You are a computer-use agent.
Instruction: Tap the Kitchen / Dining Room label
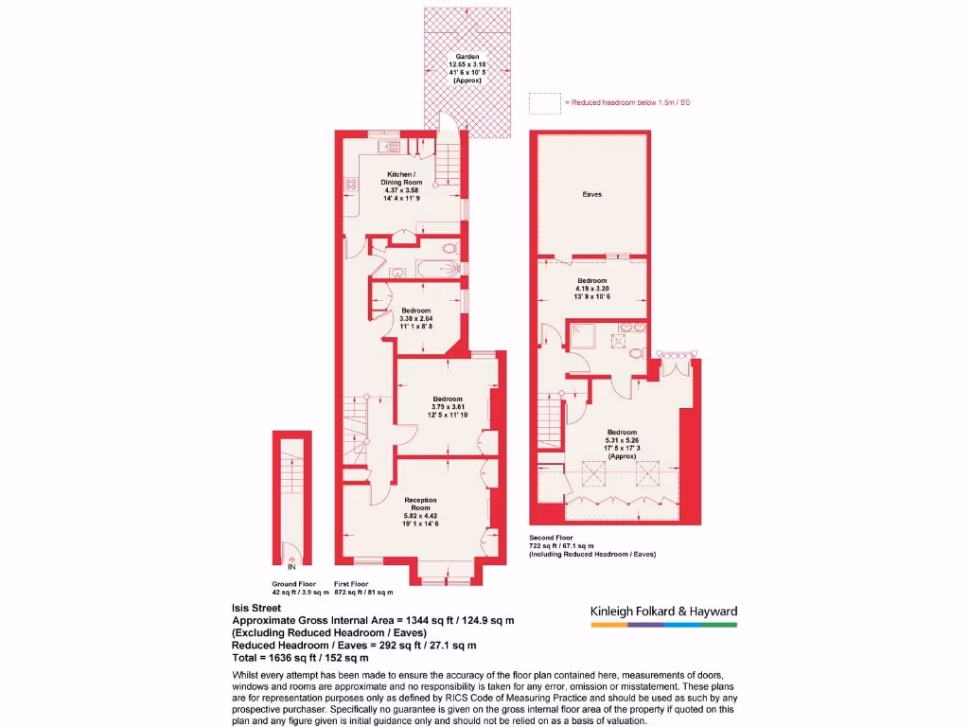point(398,177)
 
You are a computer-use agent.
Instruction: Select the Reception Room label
point(421,503)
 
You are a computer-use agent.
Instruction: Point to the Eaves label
point(592,195)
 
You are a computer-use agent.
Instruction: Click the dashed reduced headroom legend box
point(544,101)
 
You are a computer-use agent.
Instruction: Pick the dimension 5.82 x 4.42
point(421,516)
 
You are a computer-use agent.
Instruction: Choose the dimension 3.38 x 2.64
point(416,319)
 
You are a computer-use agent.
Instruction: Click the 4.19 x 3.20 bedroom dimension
point(592,289)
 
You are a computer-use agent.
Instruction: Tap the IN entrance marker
point(291,567)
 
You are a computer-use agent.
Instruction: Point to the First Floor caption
point(351,584)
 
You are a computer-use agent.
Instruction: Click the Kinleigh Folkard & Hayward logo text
point(663,612)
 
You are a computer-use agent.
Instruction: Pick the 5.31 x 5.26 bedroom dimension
point(622,440)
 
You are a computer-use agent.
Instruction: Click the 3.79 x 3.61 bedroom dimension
point(448,407)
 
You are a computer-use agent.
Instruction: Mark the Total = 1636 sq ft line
point(300,657)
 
